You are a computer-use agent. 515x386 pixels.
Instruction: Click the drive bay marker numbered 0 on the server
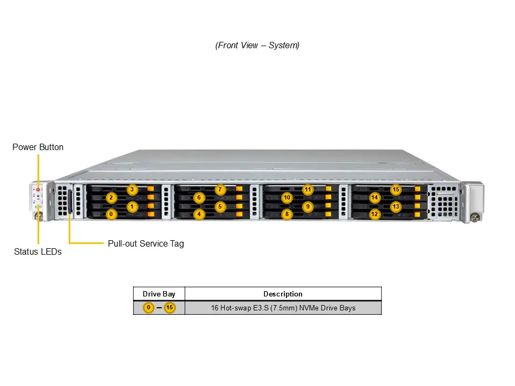click(x=111, y=214)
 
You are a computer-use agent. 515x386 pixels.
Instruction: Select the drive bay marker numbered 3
click(x=133, y=189)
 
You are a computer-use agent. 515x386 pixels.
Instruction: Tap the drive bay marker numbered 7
click(x=220, y=189)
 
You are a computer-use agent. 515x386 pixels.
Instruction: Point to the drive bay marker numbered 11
click(x=308, y=189)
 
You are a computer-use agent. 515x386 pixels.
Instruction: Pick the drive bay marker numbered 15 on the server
click(x=396, y=189)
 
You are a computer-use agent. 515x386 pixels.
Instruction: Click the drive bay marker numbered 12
click(x=374, y=214)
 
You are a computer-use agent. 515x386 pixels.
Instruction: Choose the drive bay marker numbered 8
click(x=287, y=214)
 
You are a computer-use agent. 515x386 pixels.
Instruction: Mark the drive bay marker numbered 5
click(x=220, y=206)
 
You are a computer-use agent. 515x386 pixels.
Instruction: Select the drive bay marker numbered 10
click(x=287, y=198)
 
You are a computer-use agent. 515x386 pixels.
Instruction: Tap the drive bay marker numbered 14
click(x=374, y=198)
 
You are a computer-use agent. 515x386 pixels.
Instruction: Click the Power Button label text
click(x=38, y=147)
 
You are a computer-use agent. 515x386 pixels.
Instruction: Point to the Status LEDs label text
click(x=38, y=251)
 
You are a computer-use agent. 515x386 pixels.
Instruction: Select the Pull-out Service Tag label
click(x=146, y=243)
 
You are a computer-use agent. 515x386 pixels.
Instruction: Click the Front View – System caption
click(x=257, y=46)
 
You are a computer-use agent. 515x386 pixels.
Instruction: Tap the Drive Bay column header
click(x=159, y=294)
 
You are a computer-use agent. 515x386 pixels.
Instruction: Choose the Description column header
click(x=283, y=294)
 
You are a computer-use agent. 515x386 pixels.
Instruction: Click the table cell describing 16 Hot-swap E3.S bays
click(x=283, y=308)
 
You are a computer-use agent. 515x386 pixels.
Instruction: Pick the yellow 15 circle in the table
click(x=170, y=308)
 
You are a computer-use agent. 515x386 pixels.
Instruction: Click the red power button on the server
click(x=38, y=190)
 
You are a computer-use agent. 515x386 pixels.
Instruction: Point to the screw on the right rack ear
click(x=474, y=218)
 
